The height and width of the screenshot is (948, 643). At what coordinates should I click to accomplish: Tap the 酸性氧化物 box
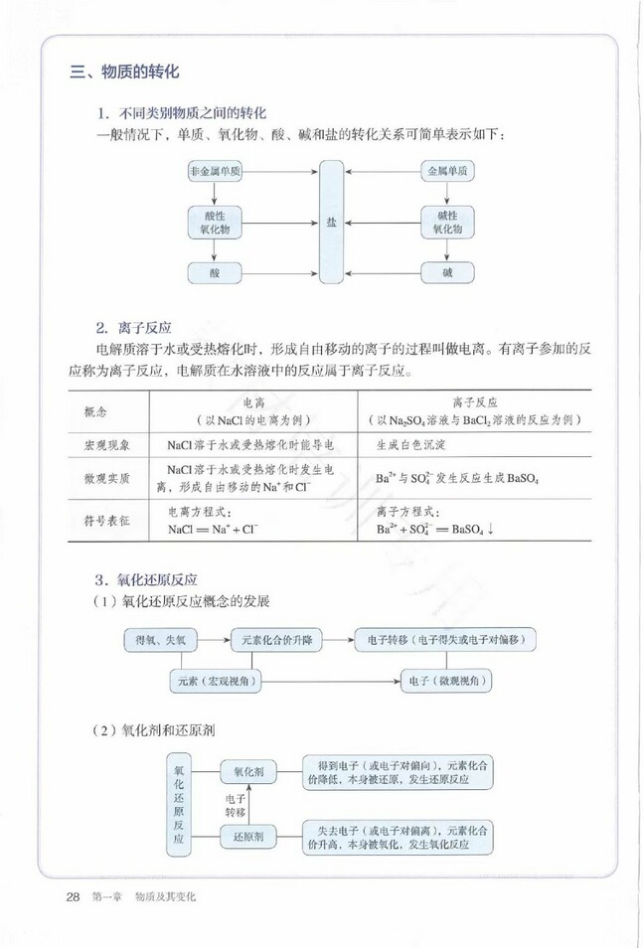tap(215, 223)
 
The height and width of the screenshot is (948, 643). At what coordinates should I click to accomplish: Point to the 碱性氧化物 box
tap(446, 223)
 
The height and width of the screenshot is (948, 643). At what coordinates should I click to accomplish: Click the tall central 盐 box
tap(331, 223)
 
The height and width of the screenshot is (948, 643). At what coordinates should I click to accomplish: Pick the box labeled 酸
tap(215, 272)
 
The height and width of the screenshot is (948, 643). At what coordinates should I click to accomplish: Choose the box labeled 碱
tap(446, 272)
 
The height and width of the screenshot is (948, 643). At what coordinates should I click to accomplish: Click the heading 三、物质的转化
tap(124, 73)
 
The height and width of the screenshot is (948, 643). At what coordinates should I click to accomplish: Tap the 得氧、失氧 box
tap(161, 640)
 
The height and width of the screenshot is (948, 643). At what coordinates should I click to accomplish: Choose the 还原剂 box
tap(247, 838)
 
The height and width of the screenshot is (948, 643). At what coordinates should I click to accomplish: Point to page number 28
tap(73, 896)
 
